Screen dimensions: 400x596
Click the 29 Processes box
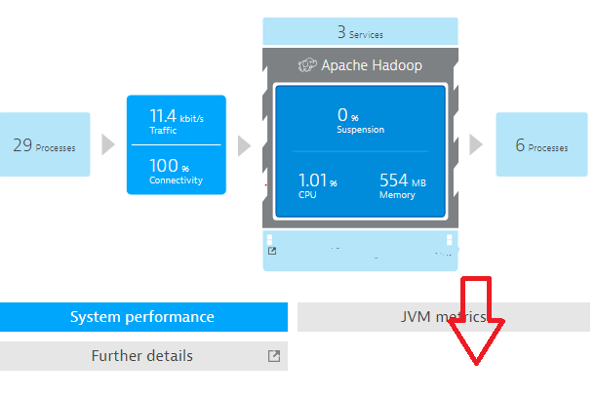[x=44, y=145]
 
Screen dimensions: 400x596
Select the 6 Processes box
[x=540, y=144]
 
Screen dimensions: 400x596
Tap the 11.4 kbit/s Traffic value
[x=176, y=122]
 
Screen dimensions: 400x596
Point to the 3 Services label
[x=360, y=32]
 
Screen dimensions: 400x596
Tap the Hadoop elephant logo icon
[x=309, y=65]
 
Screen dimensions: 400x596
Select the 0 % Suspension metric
[x=360, y=120]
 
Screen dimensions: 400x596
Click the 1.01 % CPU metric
[x=318, y=185]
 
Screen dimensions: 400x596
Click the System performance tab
[x=142, y=317]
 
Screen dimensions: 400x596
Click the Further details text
[x=142, y=356]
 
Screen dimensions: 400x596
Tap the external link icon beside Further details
[x=274, y=356]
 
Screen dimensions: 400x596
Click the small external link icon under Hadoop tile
[x=272, y=252]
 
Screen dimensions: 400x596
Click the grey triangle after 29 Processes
[x=108, y=145]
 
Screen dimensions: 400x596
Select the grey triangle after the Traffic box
[x=244, y=145]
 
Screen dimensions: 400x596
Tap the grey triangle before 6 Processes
[x=476, y=144]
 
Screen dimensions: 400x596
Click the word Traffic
[x=163, y=130]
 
